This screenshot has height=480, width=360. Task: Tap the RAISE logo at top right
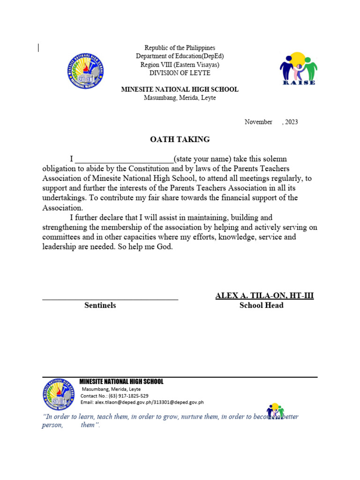[x=299, y=68]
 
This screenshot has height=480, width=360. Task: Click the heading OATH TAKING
[x=180, y=140]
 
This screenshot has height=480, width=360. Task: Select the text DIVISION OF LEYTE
[x=180, y=73]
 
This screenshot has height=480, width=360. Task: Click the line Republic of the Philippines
[x=180, y=48]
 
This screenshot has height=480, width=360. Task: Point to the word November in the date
[x=258, y=122]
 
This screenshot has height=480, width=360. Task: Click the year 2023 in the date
[x=291, y=122]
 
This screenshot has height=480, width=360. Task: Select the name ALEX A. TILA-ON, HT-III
[x=264, y=295]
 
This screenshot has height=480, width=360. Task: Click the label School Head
[x=261, y=305]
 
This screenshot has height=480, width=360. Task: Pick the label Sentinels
[x=100, y=305]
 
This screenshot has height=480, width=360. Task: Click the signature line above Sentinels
[x=110, y=299]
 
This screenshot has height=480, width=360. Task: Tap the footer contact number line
[x=115, y=396]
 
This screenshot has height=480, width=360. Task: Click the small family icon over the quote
[x=276, y=412]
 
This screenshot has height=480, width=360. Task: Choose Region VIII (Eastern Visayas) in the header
[x=180, y=65]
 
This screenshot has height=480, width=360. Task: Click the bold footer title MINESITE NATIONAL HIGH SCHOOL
[x=121, y=382]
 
